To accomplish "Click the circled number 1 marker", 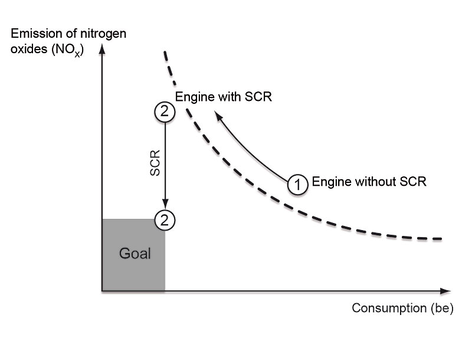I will pyautogui.click(x=299, y=185).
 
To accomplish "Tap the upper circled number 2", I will pyautogui.click(x=165, y=111).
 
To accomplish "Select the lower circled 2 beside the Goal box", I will pyautogui.click(x=165, y=219).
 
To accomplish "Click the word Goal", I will pyautogui.click(x=135, y=254).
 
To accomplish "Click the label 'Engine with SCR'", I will pyautogui.click(x=224, y=97).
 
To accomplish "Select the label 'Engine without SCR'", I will pyautogui.click(x=369, y=182).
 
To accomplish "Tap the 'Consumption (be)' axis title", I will pyautogui.click(x=402, y=309).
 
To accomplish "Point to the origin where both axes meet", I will pyautogui.click(x=103, y=291).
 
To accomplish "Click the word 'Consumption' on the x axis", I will pyautogui.click(x=388, y=309).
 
